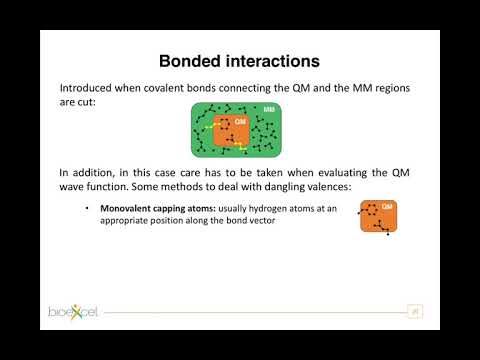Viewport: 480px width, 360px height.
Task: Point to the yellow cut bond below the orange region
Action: (242, 148)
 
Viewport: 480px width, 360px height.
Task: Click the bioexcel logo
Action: (76, 313)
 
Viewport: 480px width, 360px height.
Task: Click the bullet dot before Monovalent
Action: (89, 208)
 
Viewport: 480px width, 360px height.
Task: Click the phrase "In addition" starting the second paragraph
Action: (88, 172)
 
